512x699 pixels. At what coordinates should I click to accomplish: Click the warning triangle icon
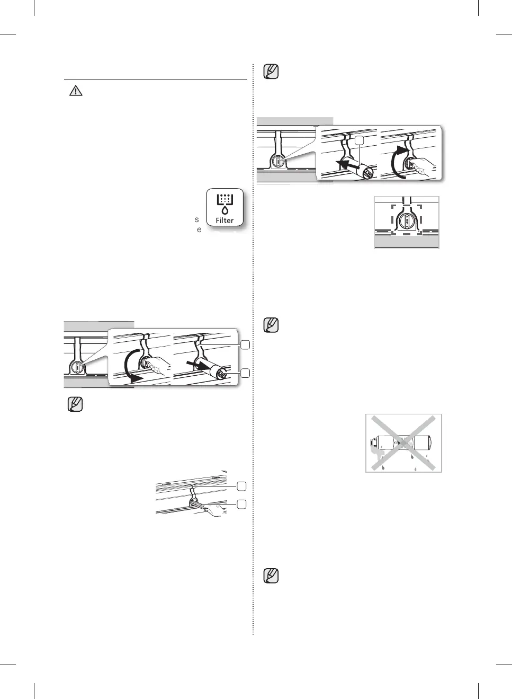click(x=76, y=91)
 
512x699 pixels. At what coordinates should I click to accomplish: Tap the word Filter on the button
click(x=224, y=220)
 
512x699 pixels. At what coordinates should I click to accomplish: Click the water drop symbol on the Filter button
click(x=224, y=210)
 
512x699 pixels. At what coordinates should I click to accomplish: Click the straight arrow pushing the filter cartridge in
click(x=346, y=165)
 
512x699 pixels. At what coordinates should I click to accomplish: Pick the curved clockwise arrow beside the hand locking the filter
click(x=397, y=162)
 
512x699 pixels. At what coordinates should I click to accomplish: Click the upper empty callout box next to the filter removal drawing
click(x=245, y=345)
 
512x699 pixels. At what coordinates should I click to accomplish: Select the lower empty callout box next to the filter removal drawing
click(x=245, y=373)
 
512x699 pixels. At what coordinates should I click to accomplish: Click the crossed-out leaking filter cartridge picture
click(x=403, y=443)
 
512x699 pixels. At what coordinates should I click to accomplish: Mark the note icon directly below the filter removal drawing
click(x=76, y=405)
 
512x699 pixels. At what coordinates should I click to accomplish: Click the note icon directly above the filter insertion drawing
click(x=271, y=72)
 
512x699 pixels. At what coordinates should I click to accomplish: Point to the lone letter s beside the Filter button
click(x=197, y=219)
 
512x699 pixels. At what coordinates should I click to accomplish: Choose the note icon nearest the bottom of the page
click(x=271, y=576)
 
